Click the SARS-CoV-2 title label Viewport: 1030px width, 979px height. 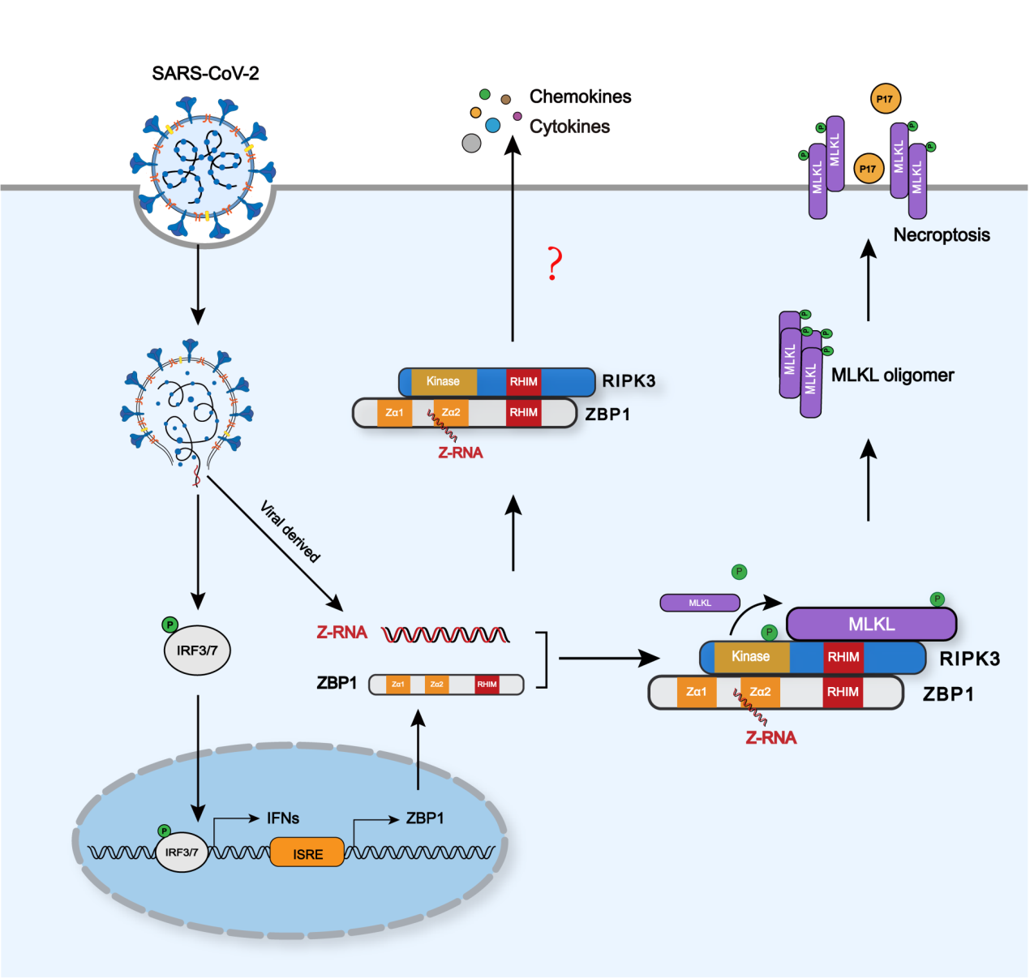point(205,74)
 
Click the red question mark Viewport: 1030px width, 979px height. point(554,264)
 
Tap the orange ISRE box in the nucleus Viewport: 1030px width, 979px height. point(307,854)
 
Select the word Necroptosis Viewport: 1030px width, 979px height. point(941,235)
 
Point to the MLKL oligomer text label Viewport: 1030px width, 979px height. point(892,376)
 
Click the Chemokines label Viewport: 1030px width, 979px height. point(580,97)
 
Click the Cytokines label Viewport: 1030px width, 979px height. point(569,127)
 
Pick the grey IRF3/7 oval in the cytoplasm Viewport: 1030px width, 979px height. point(197,651)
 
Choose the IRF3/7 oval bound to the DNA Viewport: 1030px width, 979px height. point(182,852)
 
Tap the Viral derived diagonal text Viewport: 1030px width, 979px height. point(290,532)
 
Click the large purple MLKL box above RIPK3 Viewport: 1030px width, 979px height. point(871,624)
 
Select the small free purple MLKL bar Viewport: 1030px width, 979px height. point(700,603)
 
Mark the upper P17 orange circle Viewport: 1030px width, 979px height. point(884,99)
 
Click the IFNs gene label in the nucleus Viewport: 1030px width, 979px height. point(283,818)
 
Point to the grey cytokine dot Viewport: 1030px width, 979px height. point(471,143)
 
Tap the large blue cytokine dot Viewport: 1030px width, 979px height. point(492,125)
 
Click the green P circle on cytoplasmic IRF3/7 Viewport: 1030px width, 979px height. point(170,625)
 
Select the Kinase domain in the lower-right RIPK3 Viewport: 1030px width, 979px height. point(751,657)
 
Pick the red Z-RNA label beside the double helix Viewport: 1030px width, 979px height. point(341,633)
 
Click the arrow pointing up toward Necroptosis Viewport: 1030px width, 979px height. point(868,280)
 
